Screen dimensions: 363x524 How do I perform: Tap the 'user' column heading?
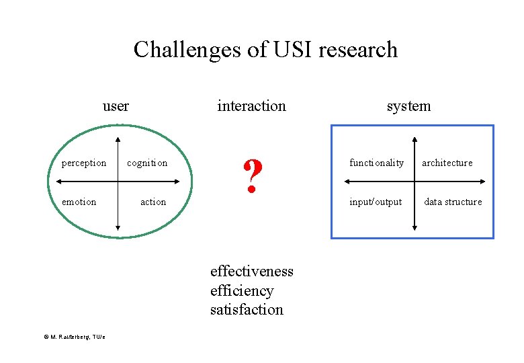pos(116,106)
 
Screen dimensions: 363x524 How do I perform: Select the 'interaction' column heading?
pos(251,106)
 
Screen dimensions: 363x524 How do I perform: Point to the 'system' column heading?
pos(408,106)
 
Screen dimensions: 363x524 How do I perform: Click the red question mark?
pos(251,177)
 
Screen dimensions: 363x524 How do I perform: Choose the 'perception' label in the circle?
pos(84,163)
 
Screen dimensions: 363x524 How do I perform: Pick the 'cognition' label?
pos(147,163)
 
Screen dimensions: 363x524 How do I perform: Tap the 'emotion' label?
pos(79,202)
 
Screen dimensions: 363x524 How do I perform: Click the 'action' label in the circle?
pos(153,202)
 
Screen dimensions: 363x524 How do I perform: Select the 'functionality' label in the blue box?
pos(376,163)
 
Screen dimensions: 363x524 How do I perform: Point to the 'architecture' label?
pos(447,163)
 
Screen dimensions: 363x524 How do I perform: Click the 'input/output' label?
pos(376,202)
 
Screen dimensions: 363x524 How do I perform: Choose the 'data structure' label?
pos(453,202)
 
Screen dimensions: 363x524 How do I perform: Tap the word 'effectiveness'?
pos(252,271)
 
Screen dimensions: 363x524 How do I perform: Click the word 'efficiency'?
pos(242,290)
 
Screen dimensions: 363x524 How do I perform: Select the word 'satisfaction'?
pos(247,310)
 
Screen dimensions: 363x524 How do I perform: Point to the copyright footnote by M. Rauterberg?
pos(71,337)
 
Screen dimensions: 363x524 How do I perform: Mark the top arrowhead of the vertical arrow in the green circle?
pos(118,140)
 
